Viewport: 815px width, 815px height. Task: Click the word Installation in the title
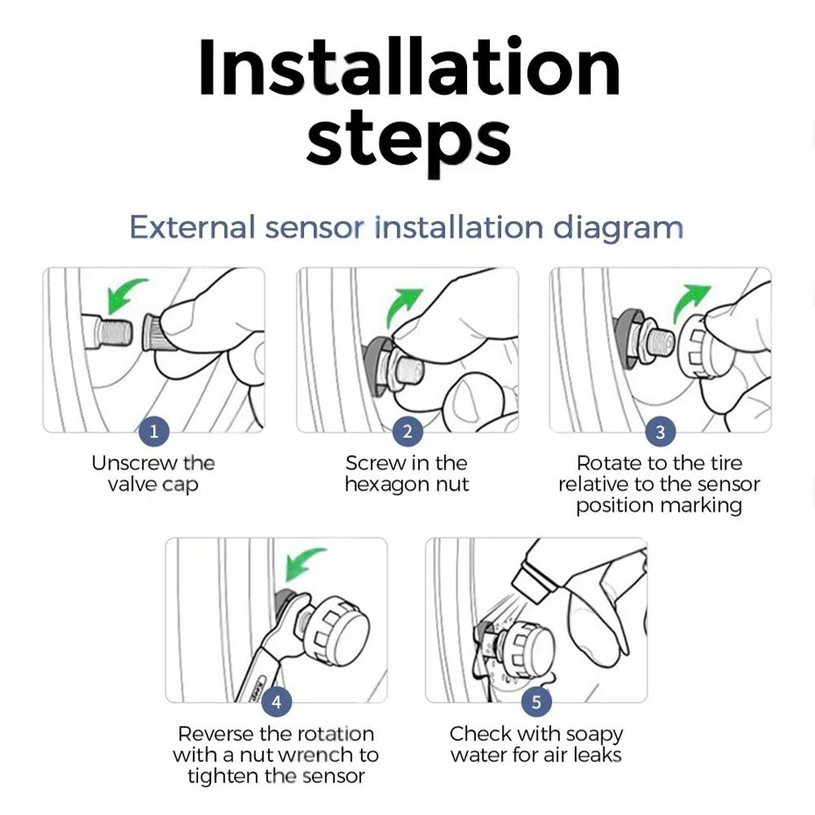point(409,68)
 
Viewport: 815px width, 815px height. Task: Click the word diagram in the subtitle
point(618,229)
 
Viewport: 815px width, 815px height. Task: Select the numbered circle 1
point(154,431)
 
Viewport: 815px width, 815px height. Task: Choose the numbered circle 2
point(407,431)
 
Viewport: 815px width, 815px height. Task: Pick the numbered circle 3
point(660,431)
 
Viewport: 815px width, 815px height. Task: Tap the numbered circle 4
point(276,702)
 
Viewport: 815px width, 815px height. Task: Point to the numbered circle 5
point(536,702)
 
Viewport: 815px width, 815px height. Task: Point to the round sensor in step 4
point(338,630)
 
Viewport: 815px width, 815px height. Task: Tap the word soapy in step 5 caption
point(594,735)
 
